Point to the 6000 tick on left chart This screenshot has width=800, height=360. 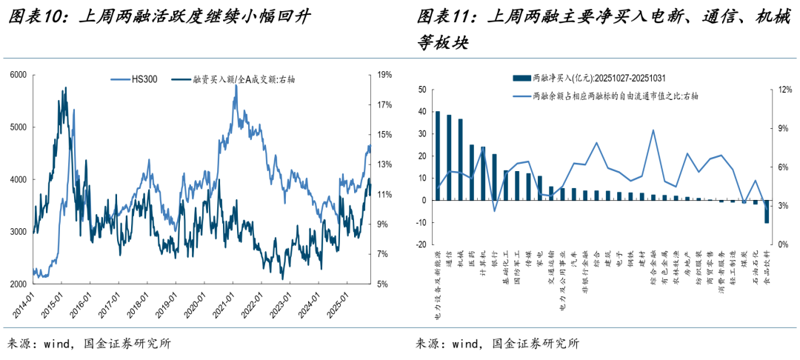point(18,75)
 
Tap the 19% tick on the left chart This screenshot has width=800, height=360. point(384,75)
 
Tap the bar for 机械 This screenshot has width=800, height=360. point(460,159)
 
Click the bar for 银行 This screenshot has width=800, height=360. point(495,177)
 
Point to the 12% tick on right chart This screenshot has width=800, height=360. point(783,90)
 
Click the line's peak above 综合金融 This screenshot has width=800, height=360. point(653,130)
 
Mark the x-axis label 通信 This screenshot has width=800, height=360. point(449,260)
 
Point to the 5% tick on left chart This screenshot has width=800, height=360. point(383,284)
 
